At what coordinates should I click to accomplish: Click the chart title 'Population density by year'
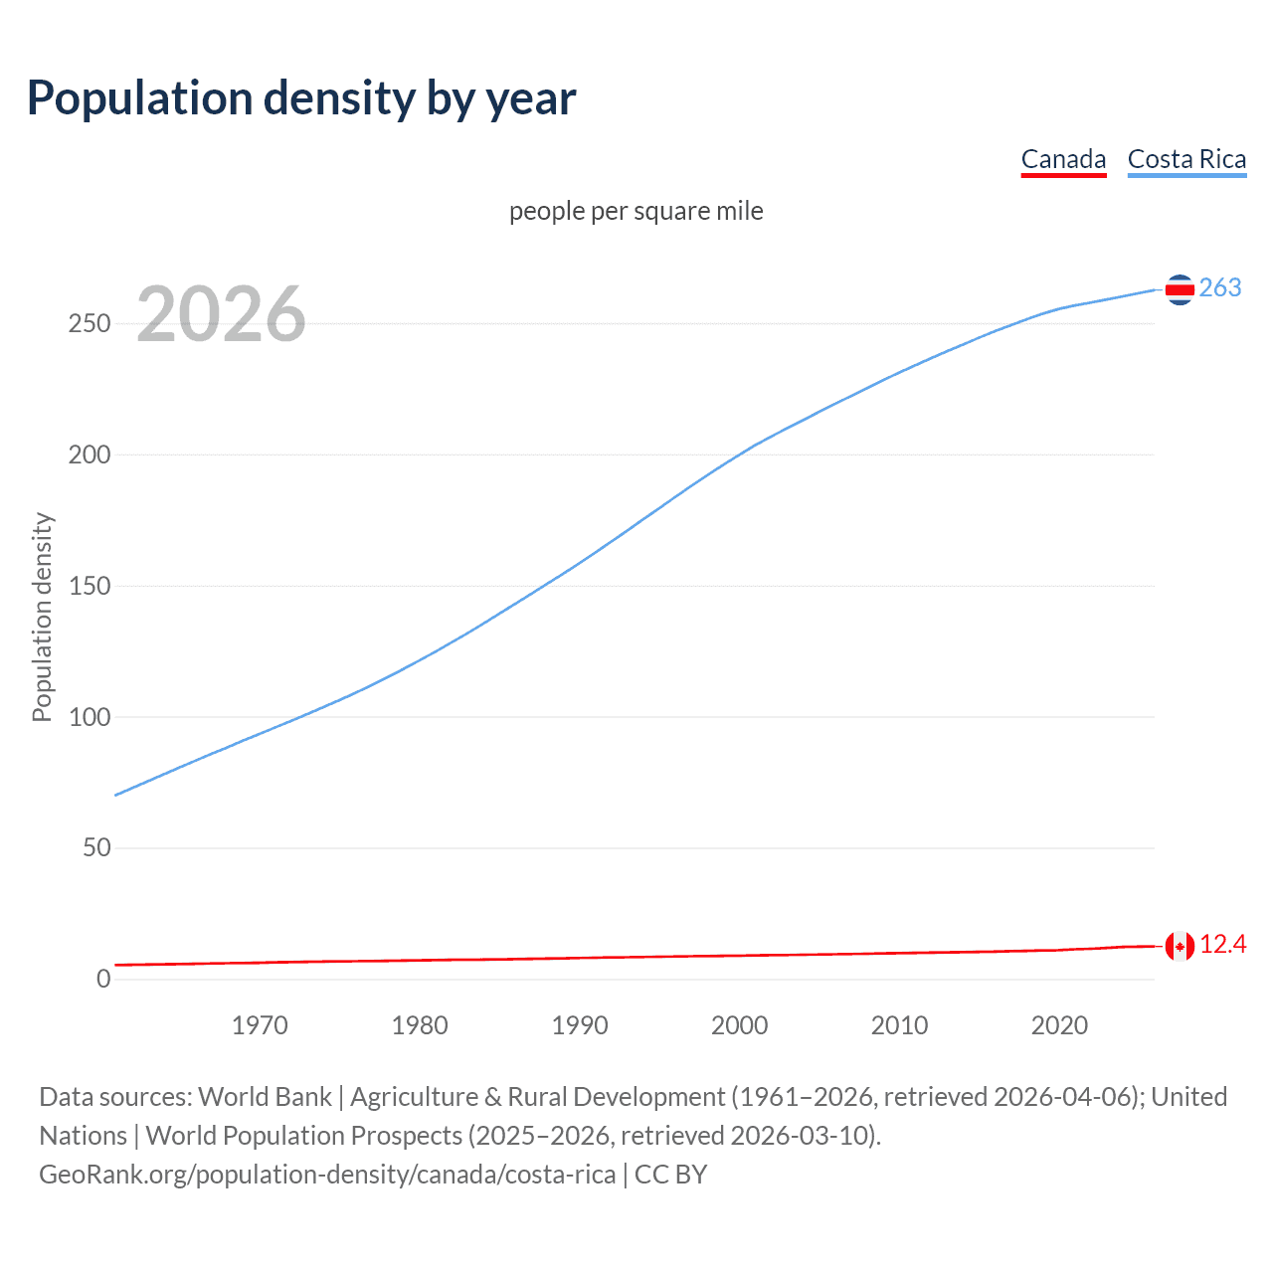coord(301,98)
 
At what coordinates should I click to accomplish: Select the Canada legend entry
coord(1063,160)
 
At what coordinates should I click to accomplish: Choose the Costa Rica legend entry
coord(1186,160)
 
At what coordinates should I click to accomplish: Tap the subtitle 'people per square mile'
coord(636,212)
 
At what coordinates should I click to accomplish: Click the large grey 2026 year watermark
coord(221,314)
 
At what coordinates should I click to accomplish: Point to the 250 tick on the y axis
coord(90,324)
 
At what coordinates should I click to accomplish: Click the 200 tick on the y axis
coord(90,455)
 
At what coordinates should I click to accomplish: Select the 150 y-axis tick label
coord(90,587)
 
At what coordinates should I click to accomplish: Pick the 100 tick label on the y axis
coord(90,717)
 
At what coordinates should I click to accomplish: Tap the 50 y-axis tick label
coord(96,848)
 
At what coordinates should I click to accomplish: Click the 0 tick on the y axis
coord(103,980)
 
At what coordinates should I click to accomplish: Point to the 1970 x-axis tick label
coord(260,1025)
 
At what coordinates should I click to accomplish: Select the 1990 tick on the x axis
coord(580,1025)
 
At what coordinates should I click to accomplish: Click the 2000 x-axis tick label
coord(739,1025)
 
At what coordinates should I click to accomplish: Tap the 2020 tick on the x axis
coord(1059,1025)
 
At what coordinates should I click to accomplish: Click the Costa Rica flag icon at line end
coord(1180,289)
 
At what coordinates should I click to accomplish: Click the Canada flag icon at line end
coord(1180,946)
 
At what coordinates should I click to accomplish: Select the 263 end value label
coord(1220,288)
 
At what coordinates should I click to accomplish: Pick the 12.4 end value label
coord(1223,945)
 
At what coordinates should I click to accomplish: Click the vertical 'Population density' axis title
coord(42,617)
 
